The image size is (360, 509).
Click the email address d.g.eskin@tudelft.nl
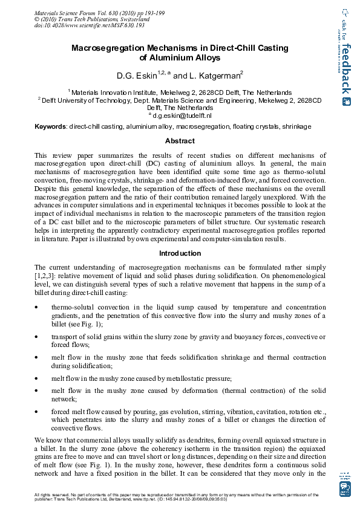[182, 115]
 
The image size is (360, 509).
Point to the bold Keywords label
[50, 127]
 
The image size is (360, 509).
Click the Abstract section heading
[180, 141]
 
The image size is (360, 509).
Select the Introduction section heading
[180, 253]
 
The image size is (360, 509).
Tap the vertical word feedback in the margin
[346, 68]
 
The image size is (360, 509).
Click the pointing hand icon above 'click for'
[345, 11]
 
